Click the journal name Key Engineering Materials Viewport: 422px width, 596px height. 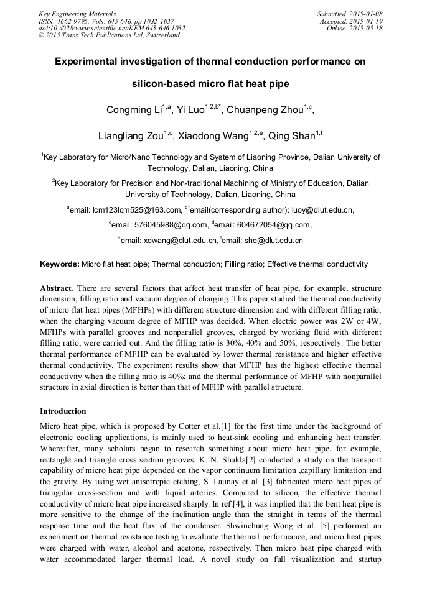(x=77, y=14)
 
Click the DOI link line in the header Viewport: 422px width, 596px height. (x=111, y=29)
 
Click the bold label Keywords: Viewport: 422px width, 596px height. (x=60, y=264)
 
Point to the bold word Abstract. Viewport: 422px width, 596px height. (x=56, y=288)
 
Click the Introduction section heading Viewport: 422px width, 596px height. (x=63, y=411)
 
